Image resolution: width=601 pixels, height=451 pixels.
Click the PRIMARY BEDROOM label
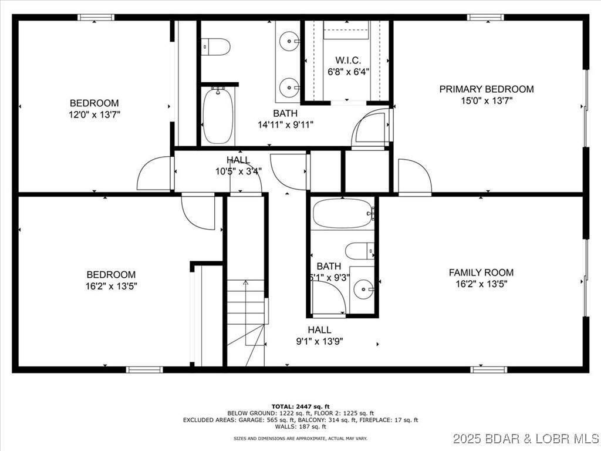[x=487, y=89]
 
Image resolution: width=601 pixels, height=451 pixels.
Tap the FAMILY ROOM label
[x=481, y=272]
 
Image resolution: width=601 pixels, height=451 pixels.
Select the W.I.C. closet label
[x=348, y=60]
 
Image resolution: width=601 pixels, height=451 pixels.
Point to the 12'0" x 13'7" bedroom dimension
[x=94, y=115]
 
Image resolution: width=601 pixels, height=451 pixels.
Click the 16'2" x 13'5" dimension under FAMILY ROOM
[x=481, y=284]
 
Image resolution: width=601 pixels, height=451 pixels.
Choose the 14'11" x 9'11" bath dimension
[x=285, y=124]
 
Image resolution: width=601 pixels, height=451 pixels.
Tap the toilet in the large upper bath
[x=215, y=47]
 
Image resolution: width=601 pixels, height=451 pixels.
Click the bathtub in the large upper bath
[x=218, y=115]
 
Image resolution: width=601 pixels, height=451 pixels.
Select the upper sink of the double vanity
[x=289, y=41]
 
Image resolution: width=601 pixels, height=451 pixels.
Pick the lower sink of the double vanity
[x=289, y=87]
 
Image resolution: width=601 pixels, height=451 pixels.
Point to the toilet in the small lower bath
[x=359, y=251]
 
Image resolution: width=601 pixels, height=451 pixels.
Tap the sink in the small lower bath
[x=364, y=288]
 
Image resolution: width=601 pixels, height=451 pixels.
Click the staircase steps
[x=247, y=311]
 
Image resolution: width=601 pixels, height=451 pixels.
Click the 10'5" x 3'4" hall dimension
[x=238, y=171]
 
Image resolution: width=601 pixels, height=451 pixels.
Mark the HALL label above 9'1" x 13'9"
[x=319, y=330]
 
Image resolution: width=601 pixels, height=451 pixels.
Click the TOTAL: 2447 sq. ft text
[x=300, y=406]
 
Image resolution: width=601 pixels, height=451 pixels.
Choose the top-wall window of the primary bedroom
[x=485, y=17]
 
